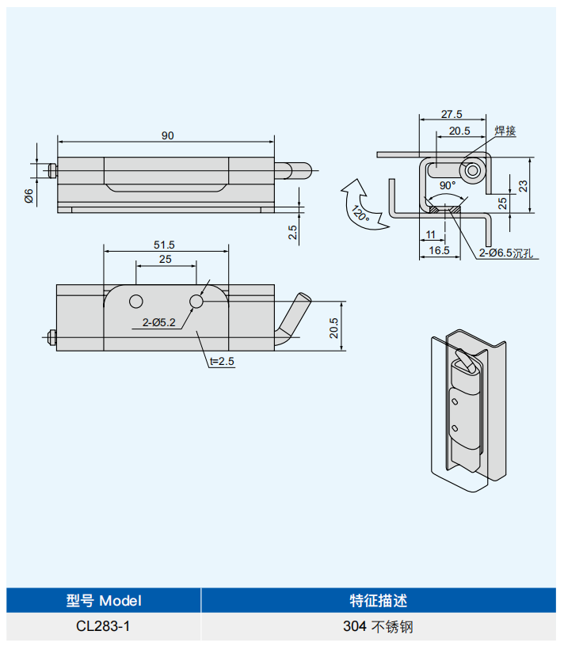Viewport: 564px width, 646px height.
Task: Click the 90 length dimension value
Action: pos(167,135)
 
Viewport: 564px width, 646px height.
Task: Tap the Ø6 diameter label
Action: pos(29,196)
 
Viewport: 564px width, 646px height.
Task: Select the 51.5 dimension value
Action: pos(164,245)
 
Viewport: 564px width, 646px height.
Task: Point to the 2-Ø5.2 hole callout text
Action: pos(158,322)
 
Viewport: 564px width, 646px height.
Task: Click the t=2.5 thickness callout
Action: pos(222,361)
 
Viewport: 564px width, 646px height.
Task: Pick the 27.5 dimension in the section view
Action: pos(452,114)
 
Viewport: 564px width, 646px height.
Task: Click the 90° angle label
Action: pos(448,185)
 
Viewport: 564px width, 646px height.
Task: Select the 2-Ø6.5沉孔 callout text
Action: pos(506,253)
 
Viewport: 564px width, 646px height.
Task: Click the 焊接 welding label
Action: pos(505,131)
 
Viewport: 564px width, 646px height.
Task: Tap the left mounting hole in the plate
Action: pos(136,302)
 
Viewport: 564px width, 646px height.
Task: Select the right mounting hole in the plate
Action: pos(196,302)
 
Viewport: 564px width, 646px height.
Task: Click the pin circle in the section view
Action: pos(473,170)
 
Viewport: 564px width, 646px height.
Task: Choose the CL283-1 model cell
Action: pos(103,626)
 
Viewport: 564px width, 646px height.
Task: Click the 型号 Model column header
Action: pos(104,600)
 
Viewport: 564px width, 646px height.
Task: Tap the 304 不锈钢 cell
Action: pos(378,626)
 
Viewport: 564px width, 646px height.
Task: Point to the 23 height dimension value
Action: pos(523,186)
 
